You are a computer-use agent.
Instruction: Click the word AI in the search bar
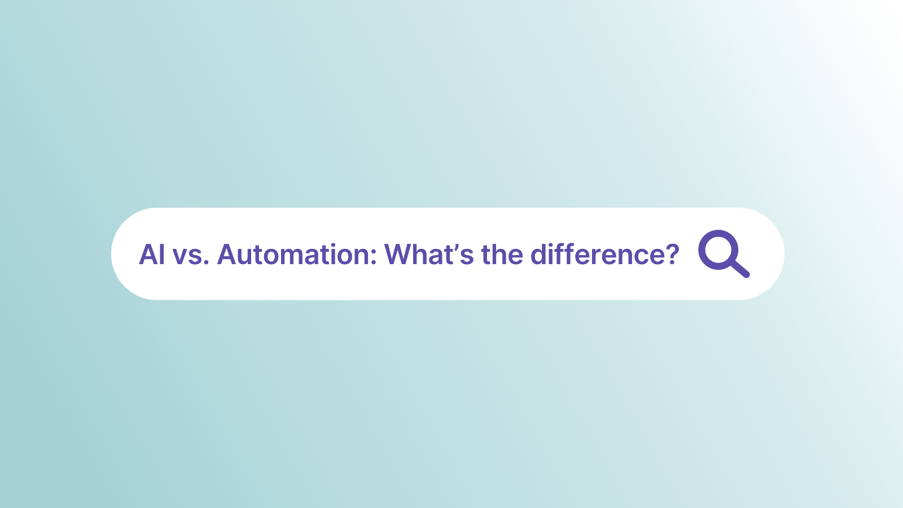pos(152,255)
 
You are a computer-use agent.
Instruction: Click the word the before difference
pos(502,255)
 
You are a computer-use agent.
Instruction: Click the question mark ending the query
pos(670,255)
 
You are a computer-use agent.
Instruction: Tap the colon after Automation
pos(373,257)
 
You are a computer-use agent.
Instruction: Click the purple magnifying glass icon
pos(724,253)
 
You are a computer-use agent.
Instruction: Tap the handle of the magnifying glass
pos(740,269)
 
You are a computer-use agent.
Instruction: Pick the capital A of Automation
pos(228,255)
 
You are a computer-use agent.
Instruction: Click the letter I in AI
pos(162,255)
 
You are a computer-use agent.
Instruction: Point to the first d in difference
pos(539,255)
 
